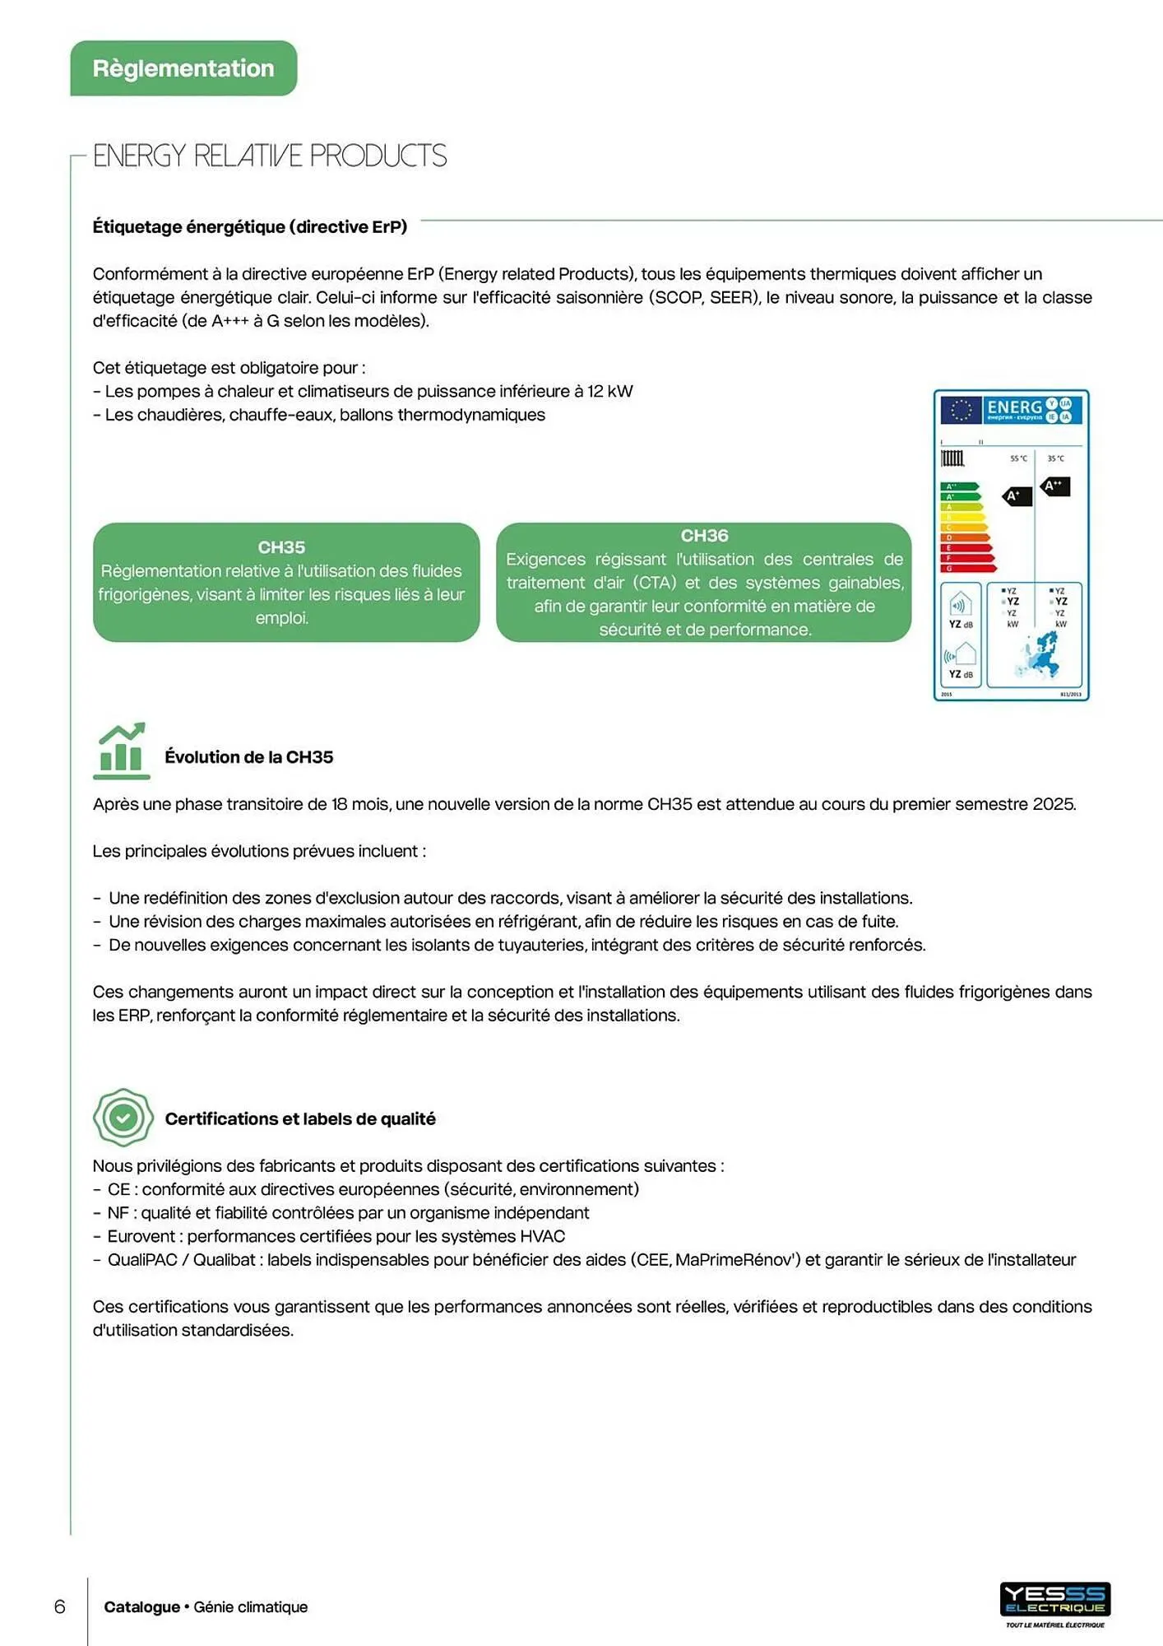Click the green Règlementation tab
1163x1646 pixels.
pos(183,68)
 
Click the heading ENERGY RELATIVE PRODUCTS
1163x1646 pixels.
pos(269,156)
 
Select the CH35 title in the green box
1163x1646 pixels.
pos(281,547)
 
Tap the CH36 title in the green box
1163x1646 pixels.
pos(704,536)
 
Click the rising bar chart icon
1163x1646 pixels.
pos(122,750)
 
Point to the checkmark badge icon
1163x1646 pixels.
pos(123,1117)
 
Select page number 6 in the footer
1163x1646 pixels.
pos(59,1606)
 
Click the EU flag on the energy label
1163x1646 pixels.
pos(961,409)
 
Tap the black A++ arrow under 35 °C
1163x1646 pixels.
pos(1054,486)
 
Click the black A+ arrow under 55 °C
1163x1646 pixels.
pos(1017,496)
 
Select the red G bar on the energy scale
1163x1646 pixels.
pos(967,568)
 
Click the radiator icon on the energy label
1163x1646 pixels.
pos(952,458)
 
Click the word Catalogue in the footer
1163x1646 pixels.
pos(141,1606)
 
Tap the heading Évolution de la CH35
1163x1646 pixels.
pos(248,757)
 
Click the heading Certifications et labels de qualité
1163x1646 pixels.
pos(299,1118)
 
